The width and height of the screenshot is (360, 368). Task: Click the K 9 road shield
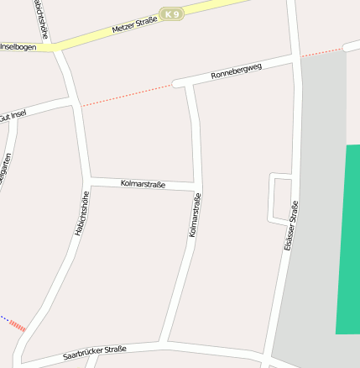[172, 14]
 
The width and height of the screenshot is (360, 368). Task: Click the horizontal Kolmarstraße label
[143, 183]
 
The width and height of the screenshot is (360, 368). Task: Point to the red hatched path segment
[18, 326]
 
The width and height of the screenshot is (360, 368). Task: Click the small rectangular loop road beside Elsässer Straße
[280, 199]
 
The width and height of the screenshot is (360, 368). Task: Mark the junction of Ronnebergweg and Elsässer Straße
[295, 58]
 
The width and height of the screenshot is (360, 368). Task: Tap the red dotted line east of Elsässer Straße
[323, 51]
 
